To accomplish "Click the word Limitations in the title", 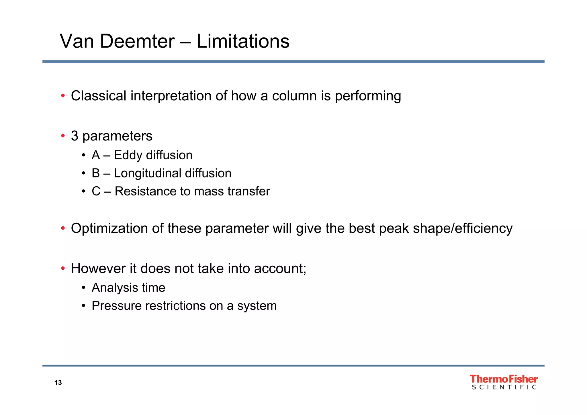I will click(243, 41).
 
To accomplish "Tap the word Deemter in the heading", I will click(137, 41).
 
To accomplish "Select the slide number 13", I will click(58, 383).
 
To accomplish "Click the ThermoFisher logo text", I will click(504, 379).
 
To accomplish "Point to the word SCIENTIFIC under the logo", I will click(504, 387).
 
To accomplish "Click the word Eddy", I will click(128, 155).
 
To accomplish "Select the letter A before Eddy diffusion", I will click(96, 155).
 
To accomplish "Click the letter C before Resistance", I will click(96, 191).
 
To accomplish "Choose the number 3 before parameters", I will click(75, 136).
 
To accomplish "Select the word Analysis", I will click(111, 288).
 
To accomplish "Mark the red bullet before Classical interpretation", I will click(63, 96).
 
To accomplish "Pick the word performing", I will click(368, 96).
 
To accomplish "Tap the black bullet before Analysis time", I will click(83, 288).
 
